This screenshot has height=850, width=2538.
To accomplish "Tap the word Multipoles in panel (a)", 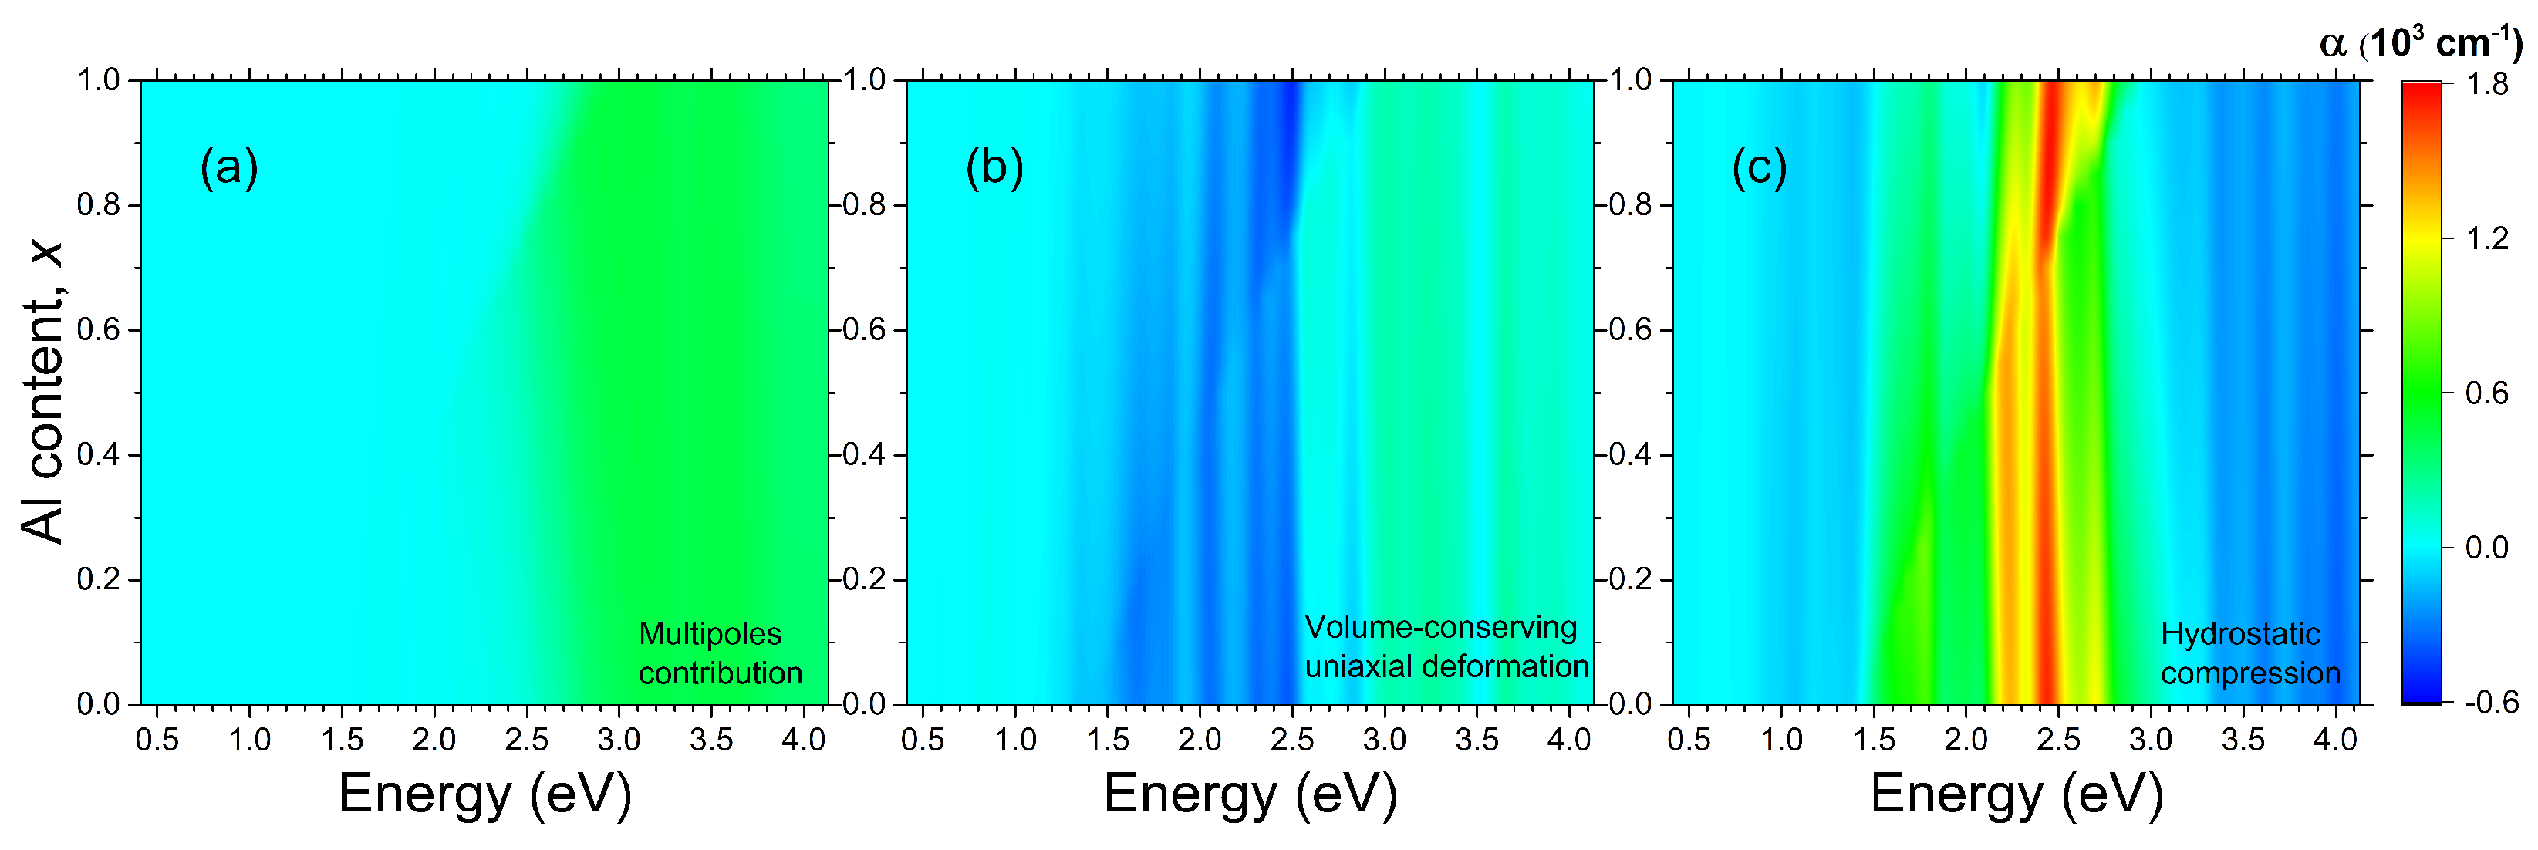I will (x=710, y=633).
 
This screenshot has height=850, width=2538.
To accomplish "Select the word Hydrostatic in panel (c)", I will (x=2239, y=633).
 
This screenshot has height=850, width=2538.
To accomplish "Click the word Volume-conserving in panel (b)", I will (x=1440, y=626).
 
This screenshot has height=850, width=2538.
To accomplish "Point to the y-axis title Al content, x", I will (x=42, y=391).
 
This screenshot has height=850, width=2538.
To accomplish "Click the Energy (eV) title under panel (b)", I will (x=1249, y=794).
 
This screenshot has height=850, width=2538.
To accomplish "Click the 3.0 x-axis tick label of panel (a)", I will (x=619, y=740).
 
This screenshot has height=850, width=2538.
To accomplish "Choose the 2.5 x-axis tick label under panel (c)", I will (x=2058, y=740).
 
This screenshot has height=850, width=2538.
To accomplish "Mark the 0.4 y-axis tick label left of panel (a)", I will (x=99, y=455).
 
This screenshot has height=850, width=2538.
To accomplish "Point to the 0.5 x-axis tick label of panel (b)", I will (x=922, y=740).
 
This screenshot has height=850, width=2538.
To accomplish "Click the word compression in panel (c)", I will (x=2250, y=673).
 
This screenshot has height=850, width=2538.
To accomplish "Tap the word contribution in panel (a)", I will (x=721, y=673).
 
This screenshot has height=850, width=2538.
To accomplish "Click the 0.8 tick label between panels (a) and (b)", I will (x=864, y=205).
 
